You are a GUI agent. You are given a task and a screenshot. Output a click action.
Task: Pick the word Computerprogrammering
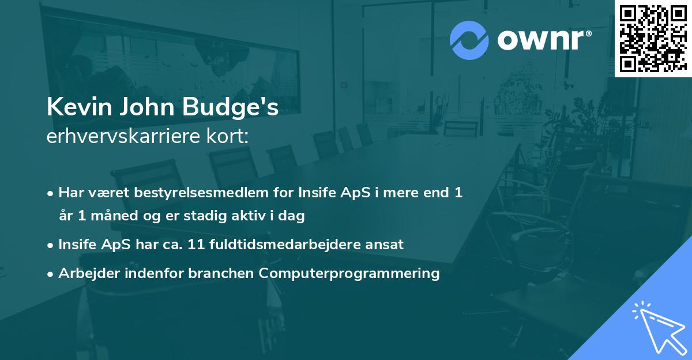pyautogui.click(x=349, y=273)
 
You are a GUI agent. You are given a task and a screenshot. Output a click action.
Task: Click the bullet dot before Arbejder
pyautogui.click(x=51, y=273)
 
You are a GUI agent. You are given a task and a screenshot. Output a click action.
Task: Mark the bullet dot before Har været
pyautogui.click(x=51, y=193)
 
